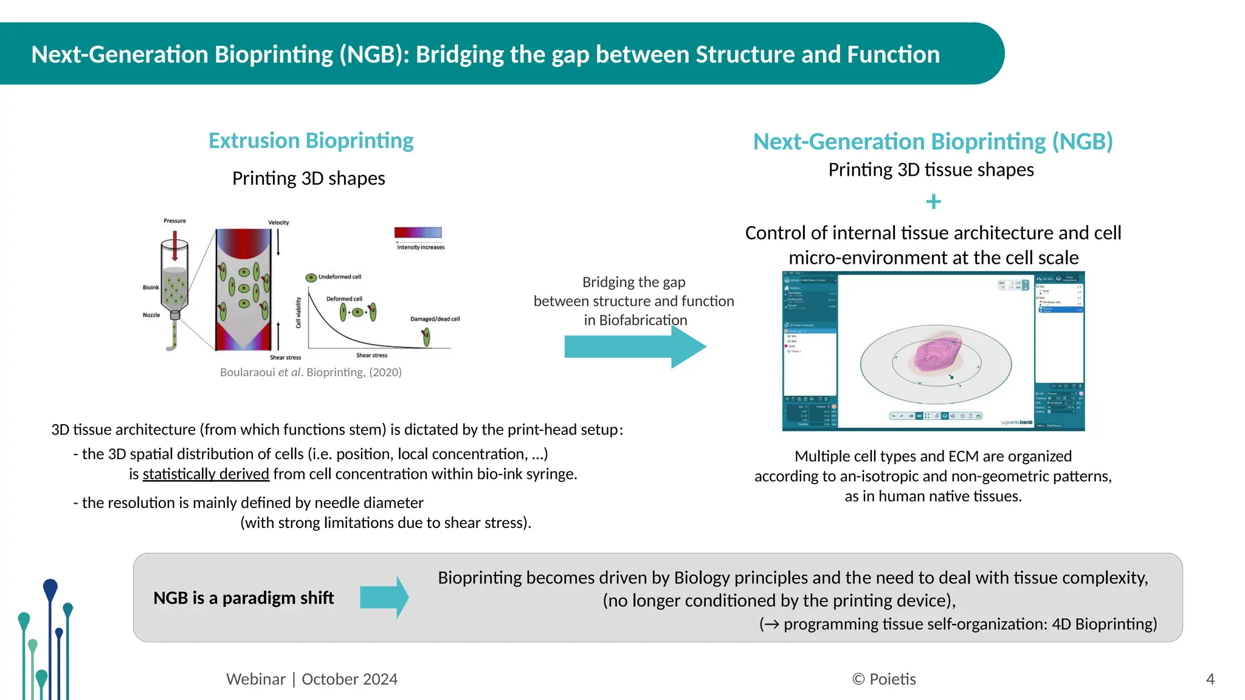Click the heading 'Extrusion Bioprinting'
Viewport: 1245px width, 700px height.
click(x=311, y=140)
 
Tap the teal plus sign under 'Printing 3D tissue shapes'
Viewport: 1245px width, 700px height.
click(x=933, y=201)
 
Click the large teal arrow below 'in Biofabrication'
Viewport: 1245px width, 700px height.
click(x=635, y=347)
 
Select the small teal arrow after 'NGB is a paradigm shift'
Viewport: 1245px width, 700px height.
click(x=384, y=597)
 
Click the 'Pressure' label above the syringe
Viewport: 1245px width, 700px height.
click(x=174, y=221)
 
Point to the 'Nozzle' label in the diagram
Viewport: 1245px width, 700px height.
click(x=151, y=315)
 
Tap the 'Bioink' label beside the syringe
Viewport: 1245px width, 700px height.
click(x=151, y=287)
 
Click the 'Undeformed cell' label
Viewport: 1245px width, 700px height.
click(x=339, y=276)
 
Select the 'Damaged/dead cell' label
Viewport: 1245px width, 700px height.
click(x=435, y=319)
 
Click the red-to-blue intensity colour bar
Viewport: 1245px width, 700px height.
click(x=418, y=232)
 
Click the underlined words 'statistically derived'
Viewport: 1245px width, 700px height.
click(x=205, y=474)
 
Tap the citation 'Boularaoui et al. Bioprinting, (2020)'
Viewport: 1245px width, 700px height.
click(x=311, y=372)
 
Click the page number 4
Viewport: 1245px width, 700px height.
click(x=1210, y=679)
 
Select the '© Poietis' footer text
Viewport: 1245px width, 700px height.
click(x=884, y=679)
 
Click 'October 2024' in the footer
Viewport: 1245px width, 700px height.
click(x=350, y=679)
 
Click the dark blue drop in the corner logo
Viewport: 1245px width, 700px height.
click(x=50, y=588)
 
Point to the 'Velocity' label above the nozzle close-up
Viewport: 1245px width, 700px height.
click(x=278, y=222)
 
